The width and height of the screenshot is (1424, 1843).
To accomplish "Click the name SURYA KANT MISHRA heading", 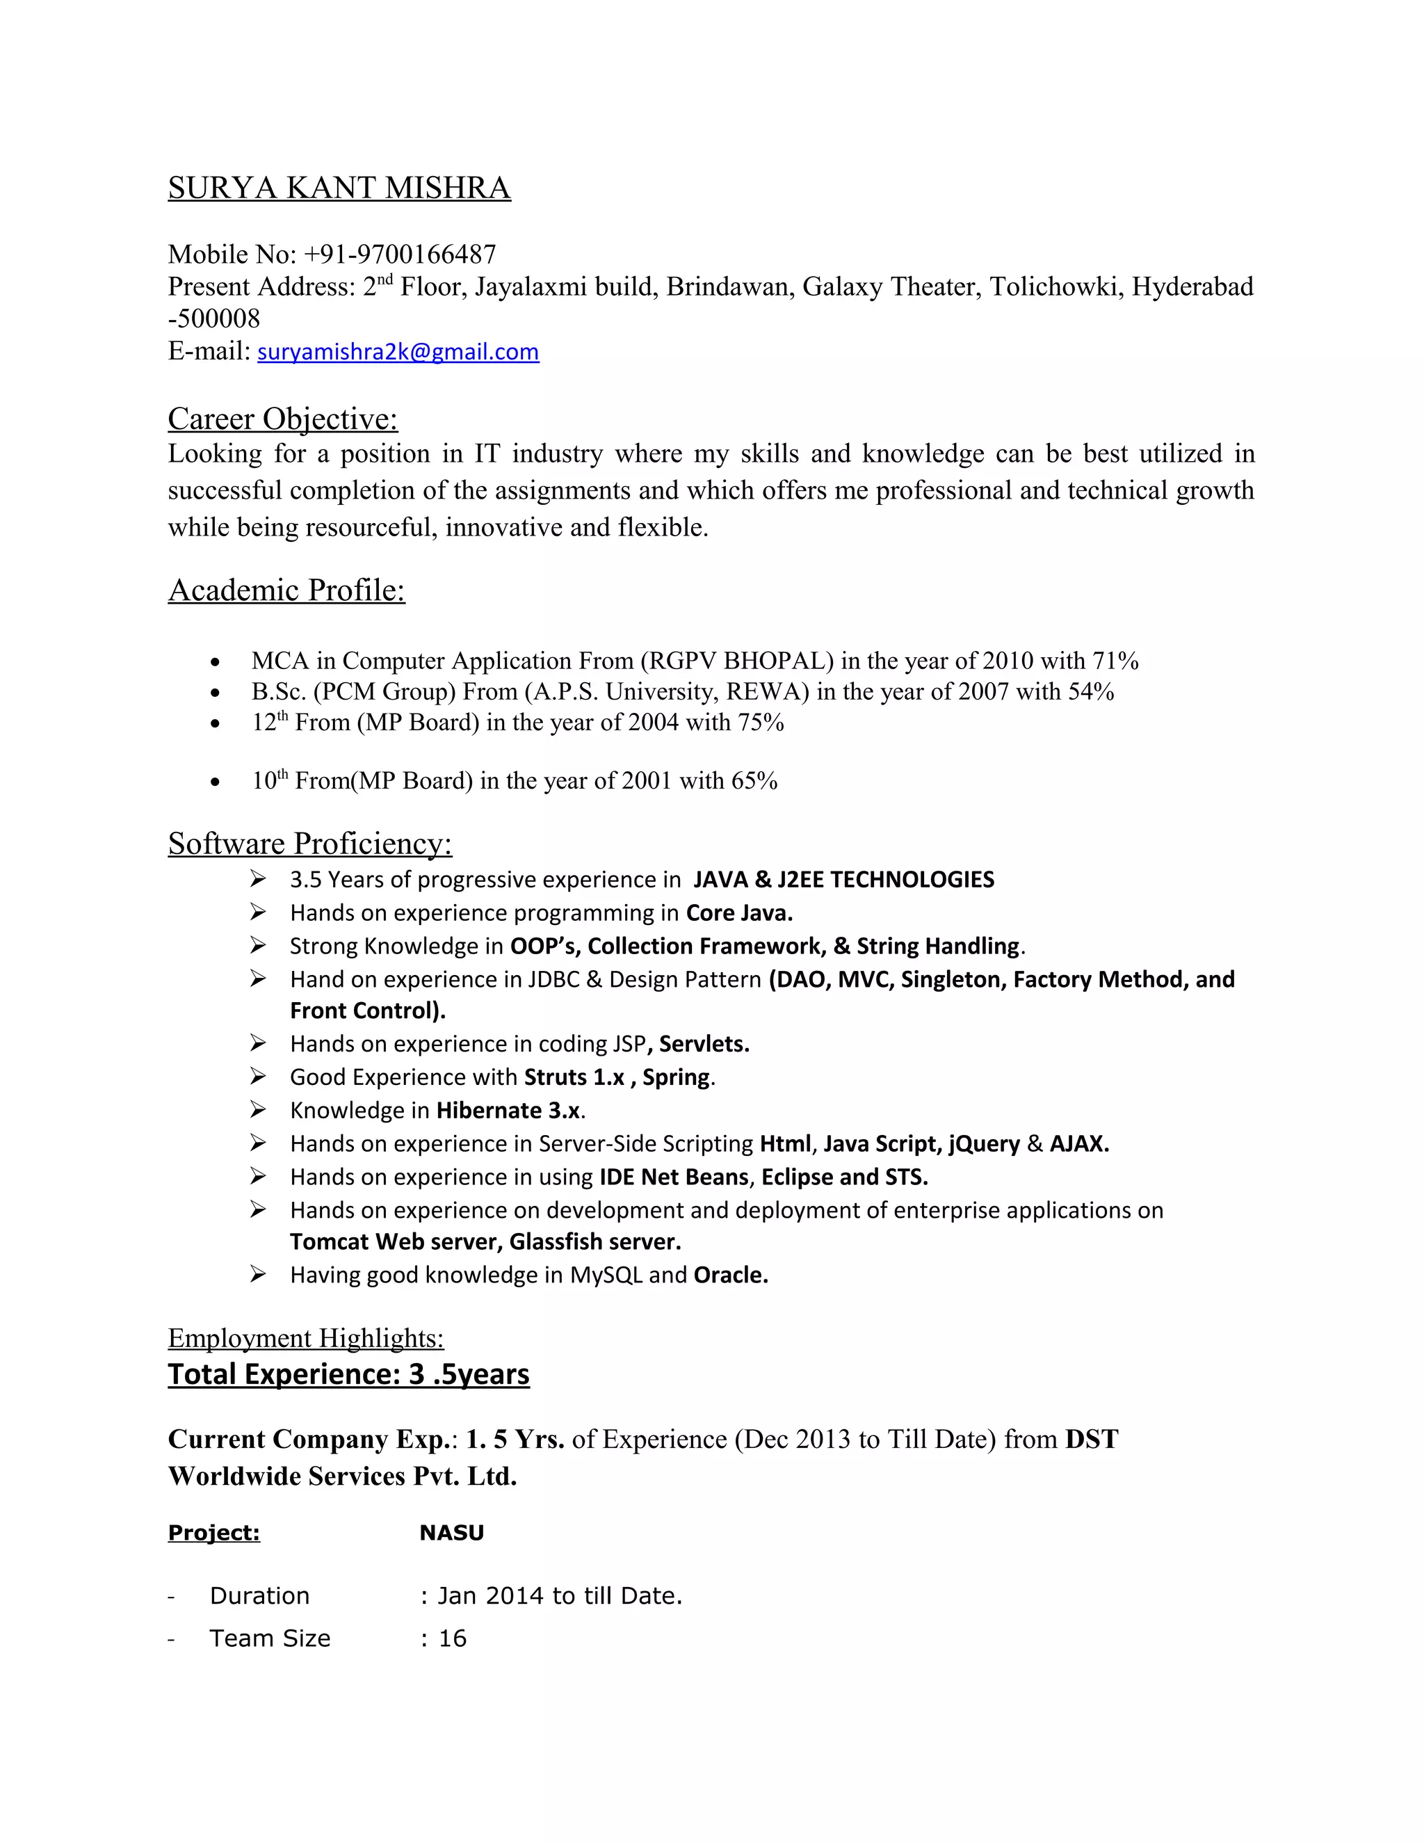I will click(339, 187).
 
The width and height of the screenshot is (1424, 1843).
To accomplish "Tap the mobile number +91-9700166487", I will click(400, 254).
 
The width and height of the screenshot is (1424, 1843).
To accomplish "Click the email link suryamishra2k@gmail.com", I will click(398, 352).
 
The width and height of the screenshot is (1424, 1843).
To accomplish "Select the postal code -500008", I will click(214, 319).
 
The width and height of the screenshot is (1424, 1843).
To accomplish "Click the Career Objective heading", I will click(282, 419).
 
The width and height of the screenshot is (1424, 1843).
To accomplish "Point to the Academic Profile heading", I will click(287, 590).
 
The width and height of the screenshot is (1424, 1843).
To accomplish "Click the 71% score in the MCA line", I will click(1115, 661).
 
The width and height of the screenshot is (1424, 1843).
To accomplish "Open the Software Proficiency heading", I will click(309, 843).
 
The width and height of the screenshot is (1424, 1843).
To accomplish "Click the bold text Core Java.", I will click(739, 913).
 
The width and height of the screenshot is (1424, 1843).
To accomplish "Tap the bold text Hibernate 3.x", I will click(508, 1111).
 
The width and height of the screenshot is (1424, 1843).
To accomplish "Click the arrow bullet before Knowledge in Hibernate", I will click(258, 1110).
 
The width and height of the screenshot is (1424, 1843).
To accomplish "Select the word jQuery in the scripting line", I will click(984, 1143).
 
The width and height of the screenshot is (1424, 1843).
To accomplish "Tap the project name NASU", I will click(451, 1532).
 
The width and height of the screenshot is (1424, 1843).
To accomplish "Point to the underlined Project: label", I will click(213, 1532).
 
